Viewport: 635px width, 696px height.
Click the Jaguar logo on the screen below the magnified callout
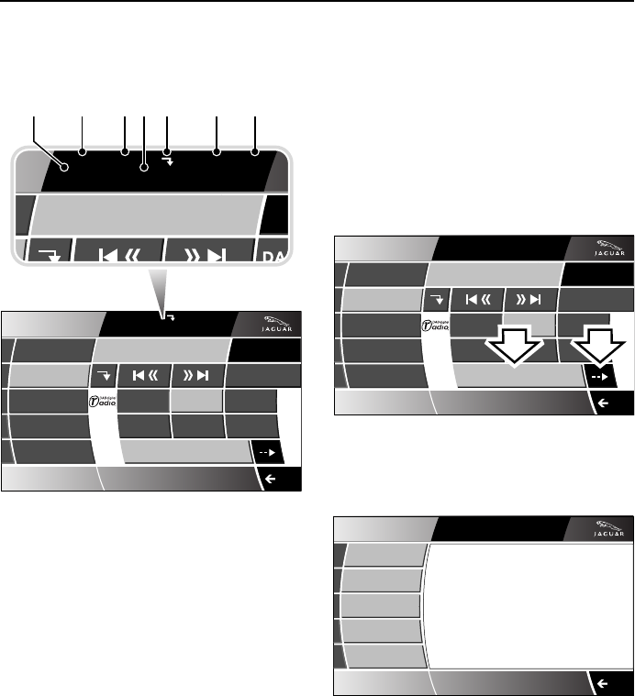pos(273,325)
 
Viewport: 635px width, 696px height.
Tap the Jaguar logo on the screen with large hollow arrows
pos(606,248)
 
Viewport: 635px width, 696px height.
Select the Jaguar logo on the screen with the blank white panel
pos(606,530)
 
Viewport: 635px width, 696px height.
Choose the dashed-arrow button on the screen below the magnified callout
pos(268,452)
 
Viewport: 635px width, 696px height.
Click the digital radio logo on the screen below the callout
pos(105,401)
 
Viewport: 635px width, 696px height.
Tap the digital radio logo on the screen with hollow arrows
pos(438,325)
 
